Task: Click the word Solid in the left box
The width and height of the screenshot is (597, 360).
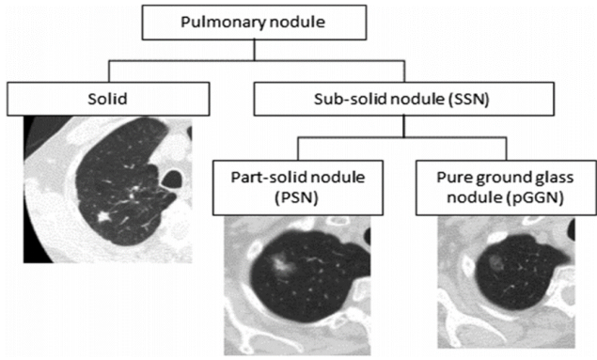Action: [107, 99]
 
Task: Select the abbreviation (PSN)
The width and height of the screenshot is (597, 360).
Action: [296, 198]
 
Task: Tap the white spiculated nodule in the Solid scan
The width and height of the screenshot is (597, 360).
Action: [102, 217]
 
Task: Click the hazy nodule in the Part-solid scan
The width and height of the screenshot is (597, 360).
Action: [281, 262]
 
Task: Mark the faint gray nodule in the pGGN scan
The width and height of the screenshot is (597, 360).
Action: [495, 261]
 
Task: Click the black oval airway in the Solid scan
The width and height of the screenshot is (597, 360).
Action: [172, 179]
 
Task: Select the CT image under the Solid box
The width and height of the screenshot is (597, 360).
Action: [108, 190]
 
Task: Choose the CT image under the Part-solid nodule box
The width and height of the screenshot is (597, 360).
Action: [297, 286]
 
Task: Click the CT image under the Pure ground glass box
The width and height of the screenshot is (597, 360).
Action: [507, 282]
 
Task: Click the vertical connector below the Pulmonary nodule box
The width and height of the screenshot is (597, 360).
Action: [255, 50]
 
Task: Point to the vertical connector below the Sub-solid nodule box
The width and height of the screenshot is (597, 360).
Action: [404, 126]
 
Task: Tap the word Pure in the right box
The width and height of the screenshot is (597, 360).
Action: [451, 178]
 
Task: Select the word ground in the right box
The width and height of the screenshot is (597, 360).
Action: [501, 179]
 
